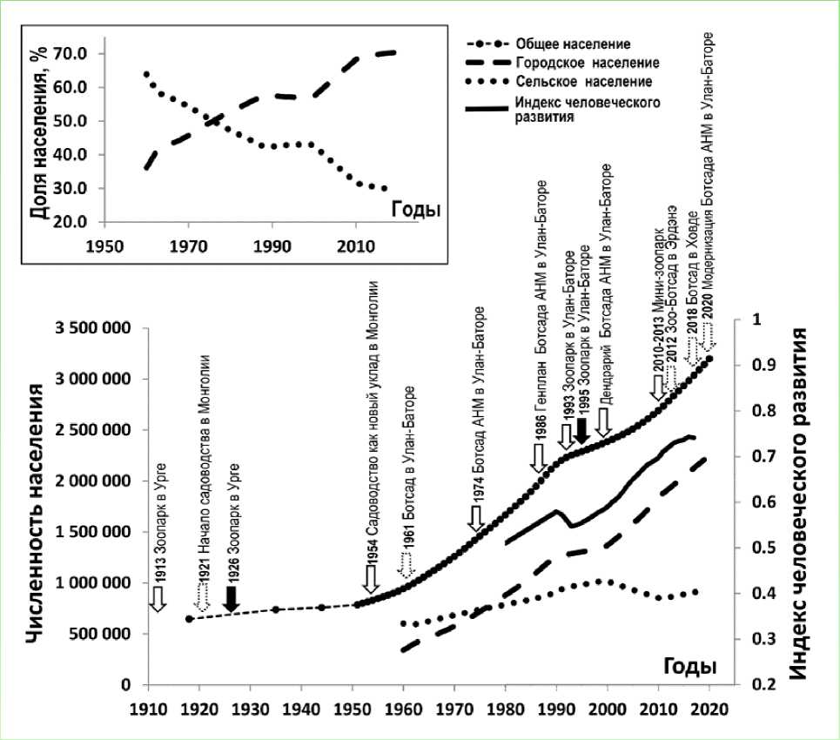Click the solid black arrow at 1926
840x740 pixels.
coord(231,597)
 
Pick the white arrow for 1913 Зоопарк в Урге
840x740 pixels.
coord(158,598)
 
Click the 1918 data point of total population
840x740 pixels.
coord(189,619)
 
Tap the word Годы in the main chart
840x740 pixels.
coord(690,666)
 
